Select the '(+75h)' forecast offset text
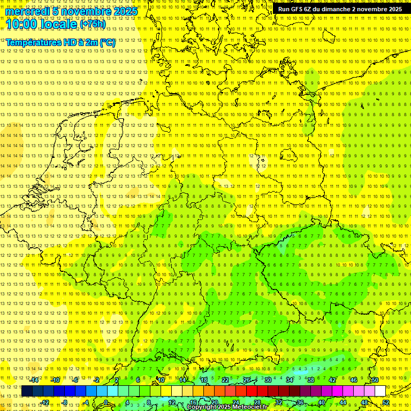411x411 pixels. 93,24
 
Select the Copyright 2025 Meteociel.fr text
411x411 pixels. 227,407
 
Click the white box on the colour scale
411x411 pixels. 380,391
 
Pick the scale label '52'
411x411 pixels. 386,402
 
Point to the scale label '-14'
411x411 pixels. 34,380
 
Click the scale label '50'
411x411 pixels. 375,380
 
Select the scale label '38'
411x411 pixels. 311,380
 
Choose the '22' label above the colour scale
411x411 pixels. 225,380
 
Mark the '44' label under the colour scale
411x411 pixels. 343,402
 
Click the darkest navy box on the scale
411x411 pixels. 27,391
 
